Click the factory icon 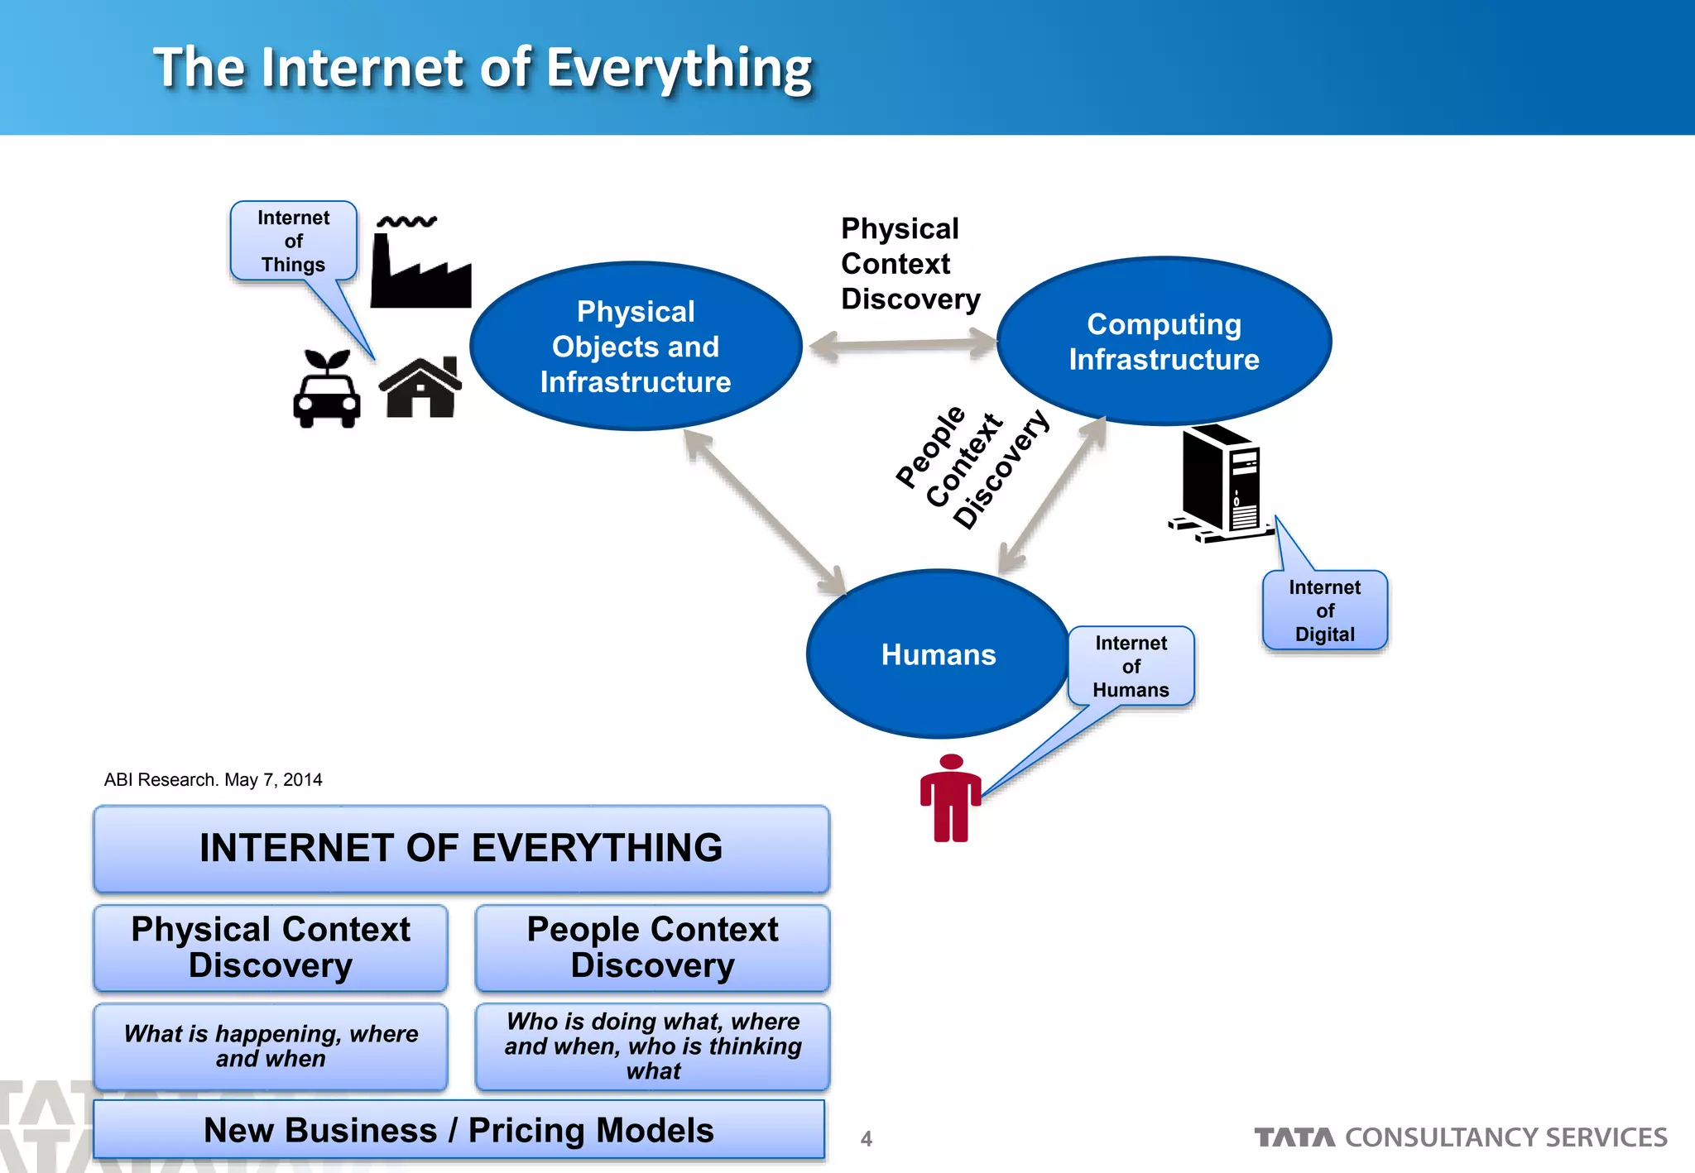click(x=420, y=265)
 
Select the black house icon click(x=420, y=388)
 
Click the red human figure click(x=951, y=799)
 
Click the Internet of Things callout click(x=294, y=241)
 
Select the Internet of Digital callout click(x=1324, y=610)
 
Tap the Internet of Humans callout click(x=1131, y=666)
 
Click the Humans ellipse click(x=938, y=654)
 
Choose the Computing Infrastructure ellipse click(x=1164, y=342)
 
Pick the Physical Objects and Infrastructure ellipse click(x=636, y=347)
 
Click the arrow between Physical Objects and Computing click(x=903, y=344)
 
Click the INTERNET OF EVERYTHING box click(x=461, y=849)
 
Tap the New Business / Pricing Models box click(x=459, y=1130)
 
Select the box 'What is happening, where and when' click(x=271, y=1046)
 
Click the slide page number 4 click(x=867, y=1139)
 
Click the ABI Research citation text click(x=213, y=779)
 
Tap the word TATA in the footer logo click(x=1294, y=1138)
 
